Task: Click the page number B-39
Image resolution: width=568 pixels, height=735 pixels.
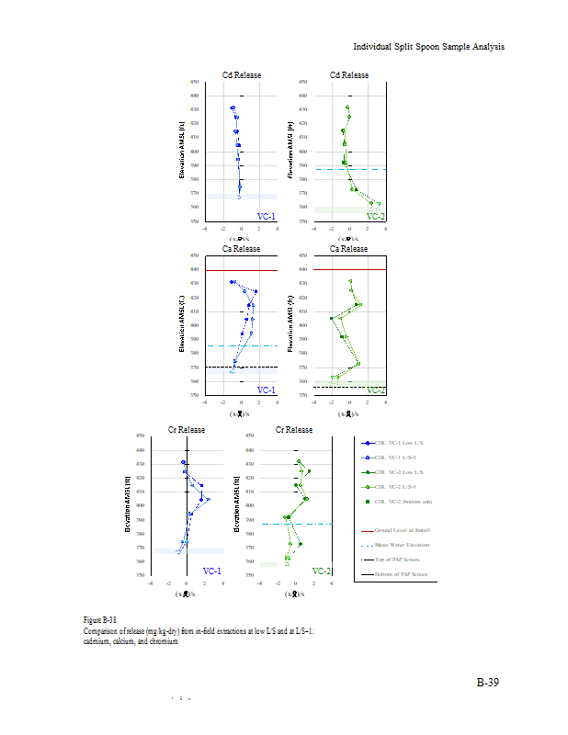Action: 487,683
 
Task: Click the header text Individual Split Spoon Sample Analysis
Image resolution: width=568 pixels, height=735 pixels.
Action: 429,47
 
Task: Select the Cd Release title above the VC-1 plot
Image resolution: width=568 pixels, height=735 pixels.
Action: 241,74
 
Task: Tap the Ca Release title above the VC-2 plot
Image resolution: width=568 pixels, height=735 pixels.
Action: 348,248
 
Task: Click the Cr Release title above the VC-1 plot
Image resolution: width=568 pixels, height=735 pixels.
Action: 187,429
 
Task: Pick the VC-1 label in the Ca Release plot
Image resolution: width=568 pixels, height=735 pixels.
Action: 267,390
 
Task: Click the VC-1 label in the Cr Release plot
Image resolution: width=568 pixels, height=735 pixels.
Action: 211,571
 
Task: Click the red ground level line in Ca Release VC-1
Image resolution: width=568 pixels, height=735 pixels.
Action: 241,270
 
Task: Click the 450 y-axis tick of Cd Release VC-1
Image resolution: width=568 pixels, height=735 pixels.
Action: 194,82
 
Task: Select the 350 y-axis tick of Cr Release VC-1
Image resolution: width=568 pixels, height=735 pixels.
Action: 140,575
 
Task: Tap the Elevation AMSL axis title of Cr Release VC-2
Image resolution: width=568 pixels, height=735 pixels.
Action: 236,504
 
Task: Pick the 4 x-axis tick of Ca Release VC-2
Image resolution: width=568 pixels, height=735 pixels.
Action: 385,401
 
